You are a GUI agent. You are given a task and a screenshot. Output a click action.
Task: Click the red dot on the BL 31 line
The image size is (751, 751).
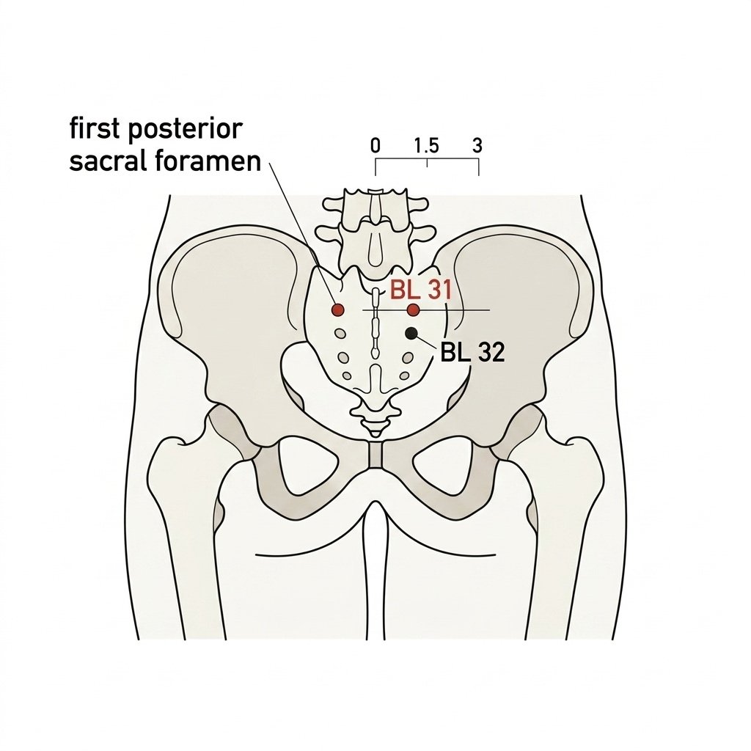414,310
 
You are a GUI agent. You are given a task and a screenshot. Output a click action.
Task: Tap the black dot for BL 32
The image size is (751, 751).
411,334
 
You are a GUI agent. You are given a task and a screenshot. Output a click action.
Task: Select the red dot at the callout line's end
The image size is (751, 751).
338,310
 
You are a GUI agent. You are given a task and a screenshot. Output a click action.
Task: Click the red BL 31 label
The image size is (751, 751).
420,290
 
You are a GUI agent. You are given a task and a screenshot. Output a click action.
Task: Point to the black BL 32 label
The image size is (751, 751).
472,353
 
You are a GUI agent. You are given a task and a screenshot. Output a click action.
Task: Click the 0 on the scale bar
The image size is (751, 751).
375,145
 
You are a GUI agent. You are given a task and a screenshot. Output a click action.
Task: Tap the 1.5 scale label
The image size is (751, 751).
427,145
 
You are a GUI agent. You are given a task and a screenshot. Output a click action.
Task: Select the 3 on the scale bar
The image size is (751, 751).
477,145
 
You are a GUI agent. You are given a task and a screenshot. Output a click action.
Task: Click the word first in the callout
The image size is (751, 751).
95,128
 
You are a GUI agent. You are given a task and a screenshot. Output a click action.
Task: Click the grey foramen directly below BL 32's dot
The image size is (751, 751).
408,357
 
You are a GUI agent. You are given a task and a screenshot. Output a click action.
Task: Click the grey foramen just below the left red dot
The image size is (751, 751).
340,333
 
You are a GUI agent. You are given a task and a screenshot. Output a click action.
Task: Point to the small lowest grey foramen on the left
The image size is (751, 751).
346,375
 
